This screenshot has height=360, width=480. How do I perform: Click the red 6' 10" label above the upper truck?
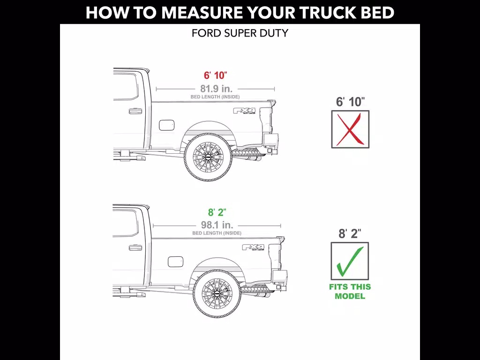point(216,75)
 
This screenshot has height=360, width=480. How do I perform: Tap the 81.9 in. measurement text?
point(217,89)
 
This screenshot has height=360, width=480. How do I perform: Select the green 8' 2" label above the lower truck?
point(217,212)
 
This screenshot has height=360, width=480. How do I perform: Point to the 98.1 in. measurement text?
point(217,225)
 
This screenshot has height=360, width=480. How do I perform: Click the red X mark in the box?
point(351,129)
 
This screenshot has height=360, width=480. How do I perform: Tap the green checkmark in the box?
point(350,261)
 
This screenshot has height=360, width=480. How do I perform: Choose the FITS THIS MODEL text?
point(350,292)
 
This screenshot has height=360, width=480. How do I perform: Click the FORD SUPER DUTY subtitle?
point(240,33)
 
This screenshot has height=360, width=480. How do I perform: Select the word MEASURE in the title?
point(202,13)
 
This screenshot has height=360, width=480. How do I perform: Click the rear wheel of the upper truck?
point(208,157)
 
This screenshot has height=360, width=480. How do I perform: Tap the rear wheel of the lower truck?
point(217,293)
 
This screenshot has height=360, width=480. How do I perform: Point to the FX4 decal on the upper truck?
point(245,111)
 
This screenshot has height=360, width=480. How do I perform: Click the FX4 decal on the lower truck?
point(253,247)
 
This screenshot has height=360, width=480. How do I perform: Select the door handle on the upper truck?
point(135,111)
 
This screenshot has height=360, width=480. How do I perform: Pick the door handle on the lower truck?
point(135,247)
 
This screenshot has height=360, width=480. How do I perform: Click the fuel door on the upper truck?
point(167,125)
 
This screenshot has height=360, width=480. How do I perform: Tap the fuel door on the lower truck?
point(176,262)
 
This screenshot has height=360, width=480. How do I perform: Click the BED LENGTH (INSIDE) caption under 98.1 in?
point(217,233)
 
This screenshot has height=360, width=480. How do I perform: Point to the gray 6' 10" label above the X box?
point(350,102)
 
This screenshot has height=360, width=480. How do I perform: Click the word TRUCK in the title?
point(328,13)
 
